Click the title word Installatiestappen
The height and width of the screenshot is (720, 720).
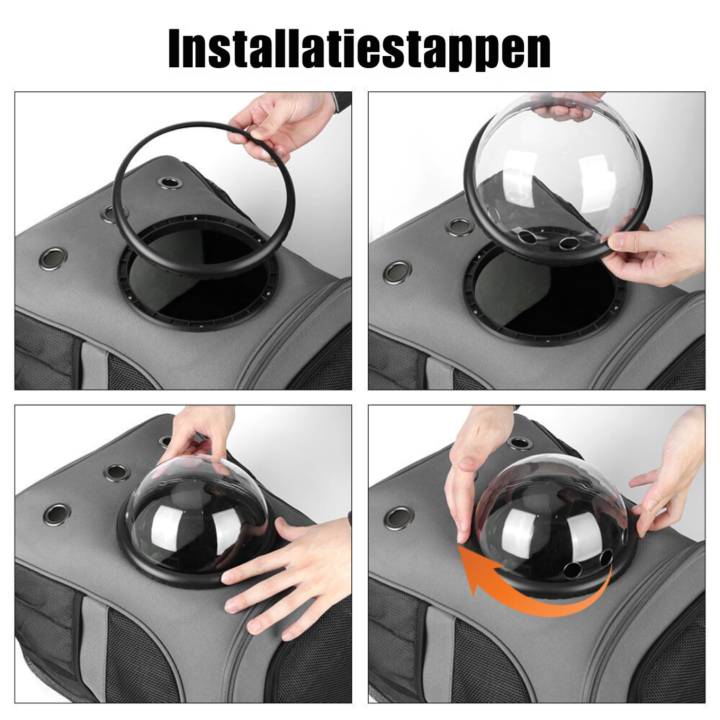click(x=359, y=49)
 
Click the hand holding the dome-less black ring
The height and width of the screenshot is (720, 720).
click(x=281, y=125)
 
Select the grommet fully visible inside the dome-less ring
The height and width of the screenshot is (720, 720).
click(x=171, y=183)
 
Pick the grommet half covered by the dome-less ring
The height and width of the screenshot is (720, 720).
click(x=110, y=213)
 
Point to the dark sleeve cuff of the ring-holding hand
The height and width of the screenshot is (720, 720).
click(x=342, y=101)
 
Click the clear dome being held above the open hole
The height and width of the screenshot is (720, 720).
click(x=558, y=175)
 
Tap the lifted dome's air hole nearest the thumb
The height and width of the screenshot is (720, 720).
click(x=569, y=243)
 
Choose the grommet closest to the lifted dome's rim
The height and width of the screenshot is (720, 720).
click(x=459, y=227)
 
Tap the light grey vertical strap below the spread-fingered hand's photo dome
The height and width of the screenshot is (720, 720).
click(x=94, y=647)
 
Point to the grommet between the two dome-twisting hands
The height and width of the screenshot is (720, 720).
click(x=520, y=443)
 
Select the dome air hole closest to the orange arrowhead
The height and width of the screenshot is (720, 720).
click(x=572, y=570)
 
